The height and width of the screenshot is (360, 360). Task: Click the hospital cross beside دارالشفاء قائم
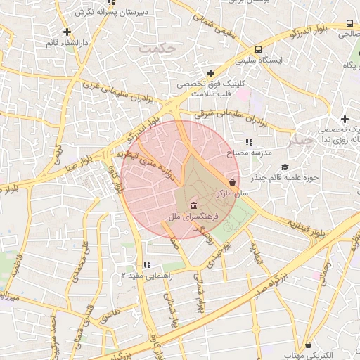(67, 32)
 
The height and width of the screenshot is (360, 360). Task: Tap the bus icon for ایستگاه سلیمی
(259, 50)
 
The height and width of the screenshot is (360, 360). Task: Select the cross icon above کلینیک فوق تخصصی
(210, 73)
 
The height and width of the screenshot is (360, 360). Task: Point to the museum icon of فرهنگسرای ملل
(193, 205)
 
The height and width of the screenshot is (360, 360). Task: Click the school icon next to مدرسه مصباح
(249, 142)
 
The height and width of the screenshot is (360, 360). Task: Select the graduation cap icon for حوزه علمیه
(285, 167)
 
